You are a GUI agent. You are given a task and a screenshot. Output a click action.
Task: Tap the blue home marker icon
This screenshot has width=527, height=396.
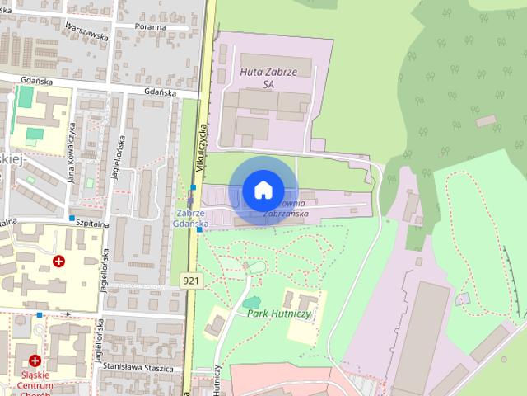[263, 190]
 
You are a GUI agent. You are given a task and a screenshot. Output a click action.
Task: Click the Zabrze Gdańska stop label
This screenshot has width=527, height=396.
[191, 218]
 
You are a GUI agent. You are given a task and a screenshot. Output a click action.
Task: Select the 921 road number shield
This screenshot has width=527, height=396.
[190, 280]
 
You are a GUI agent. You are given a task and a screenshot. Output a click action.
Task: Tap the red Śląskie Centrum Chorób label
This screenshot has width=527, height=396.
[35, 381]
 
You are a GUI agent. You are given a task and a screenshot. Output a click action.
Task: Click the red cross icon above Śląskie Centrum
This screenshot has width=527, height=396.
[35, 361]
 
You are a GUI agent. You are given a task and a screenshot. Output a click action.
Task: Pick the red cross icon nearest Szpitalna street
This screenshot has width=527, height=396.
[59, 262]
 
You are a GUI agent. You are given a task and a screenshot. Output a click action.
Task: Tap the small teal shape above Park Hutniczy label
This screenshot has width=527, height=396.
[252, 303]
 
